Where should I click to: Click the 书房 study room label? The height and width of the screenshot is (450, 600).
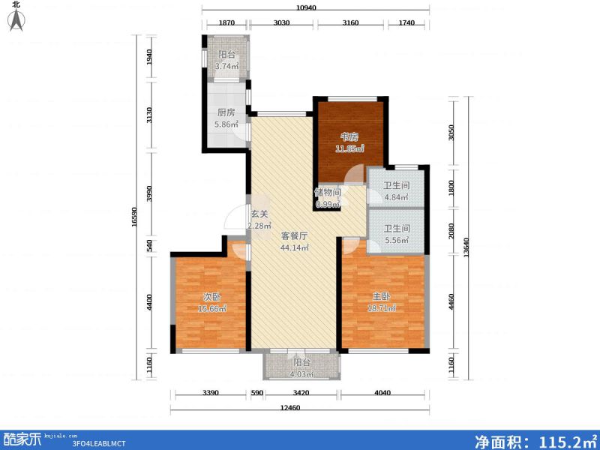click(x=349, y=136)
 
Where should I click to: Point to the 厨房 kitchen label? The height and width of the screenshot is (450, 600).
click(x=226, y=112)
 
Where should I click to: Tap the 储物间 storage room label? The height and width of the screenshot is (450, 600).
click(x=327, y=192)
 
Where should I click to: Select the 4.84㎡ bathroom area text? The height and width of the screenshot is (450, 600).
click(x=396, y=198)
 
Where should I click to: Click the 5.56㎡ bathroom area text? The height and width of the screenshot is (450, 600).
click(x=396, y=241)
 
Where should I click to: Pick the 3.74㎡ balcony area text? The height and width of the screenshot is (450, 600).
click(x=226, y=67)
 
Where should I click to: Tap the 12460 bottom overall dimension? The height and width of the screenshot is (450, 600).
click(x=299, y=408)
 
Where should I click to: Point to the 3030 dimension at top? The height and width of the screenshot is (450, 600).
click(x=281, y=23)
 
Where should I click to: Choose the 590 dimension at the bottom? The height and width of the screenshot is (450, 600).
click(x=256, y=391)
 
